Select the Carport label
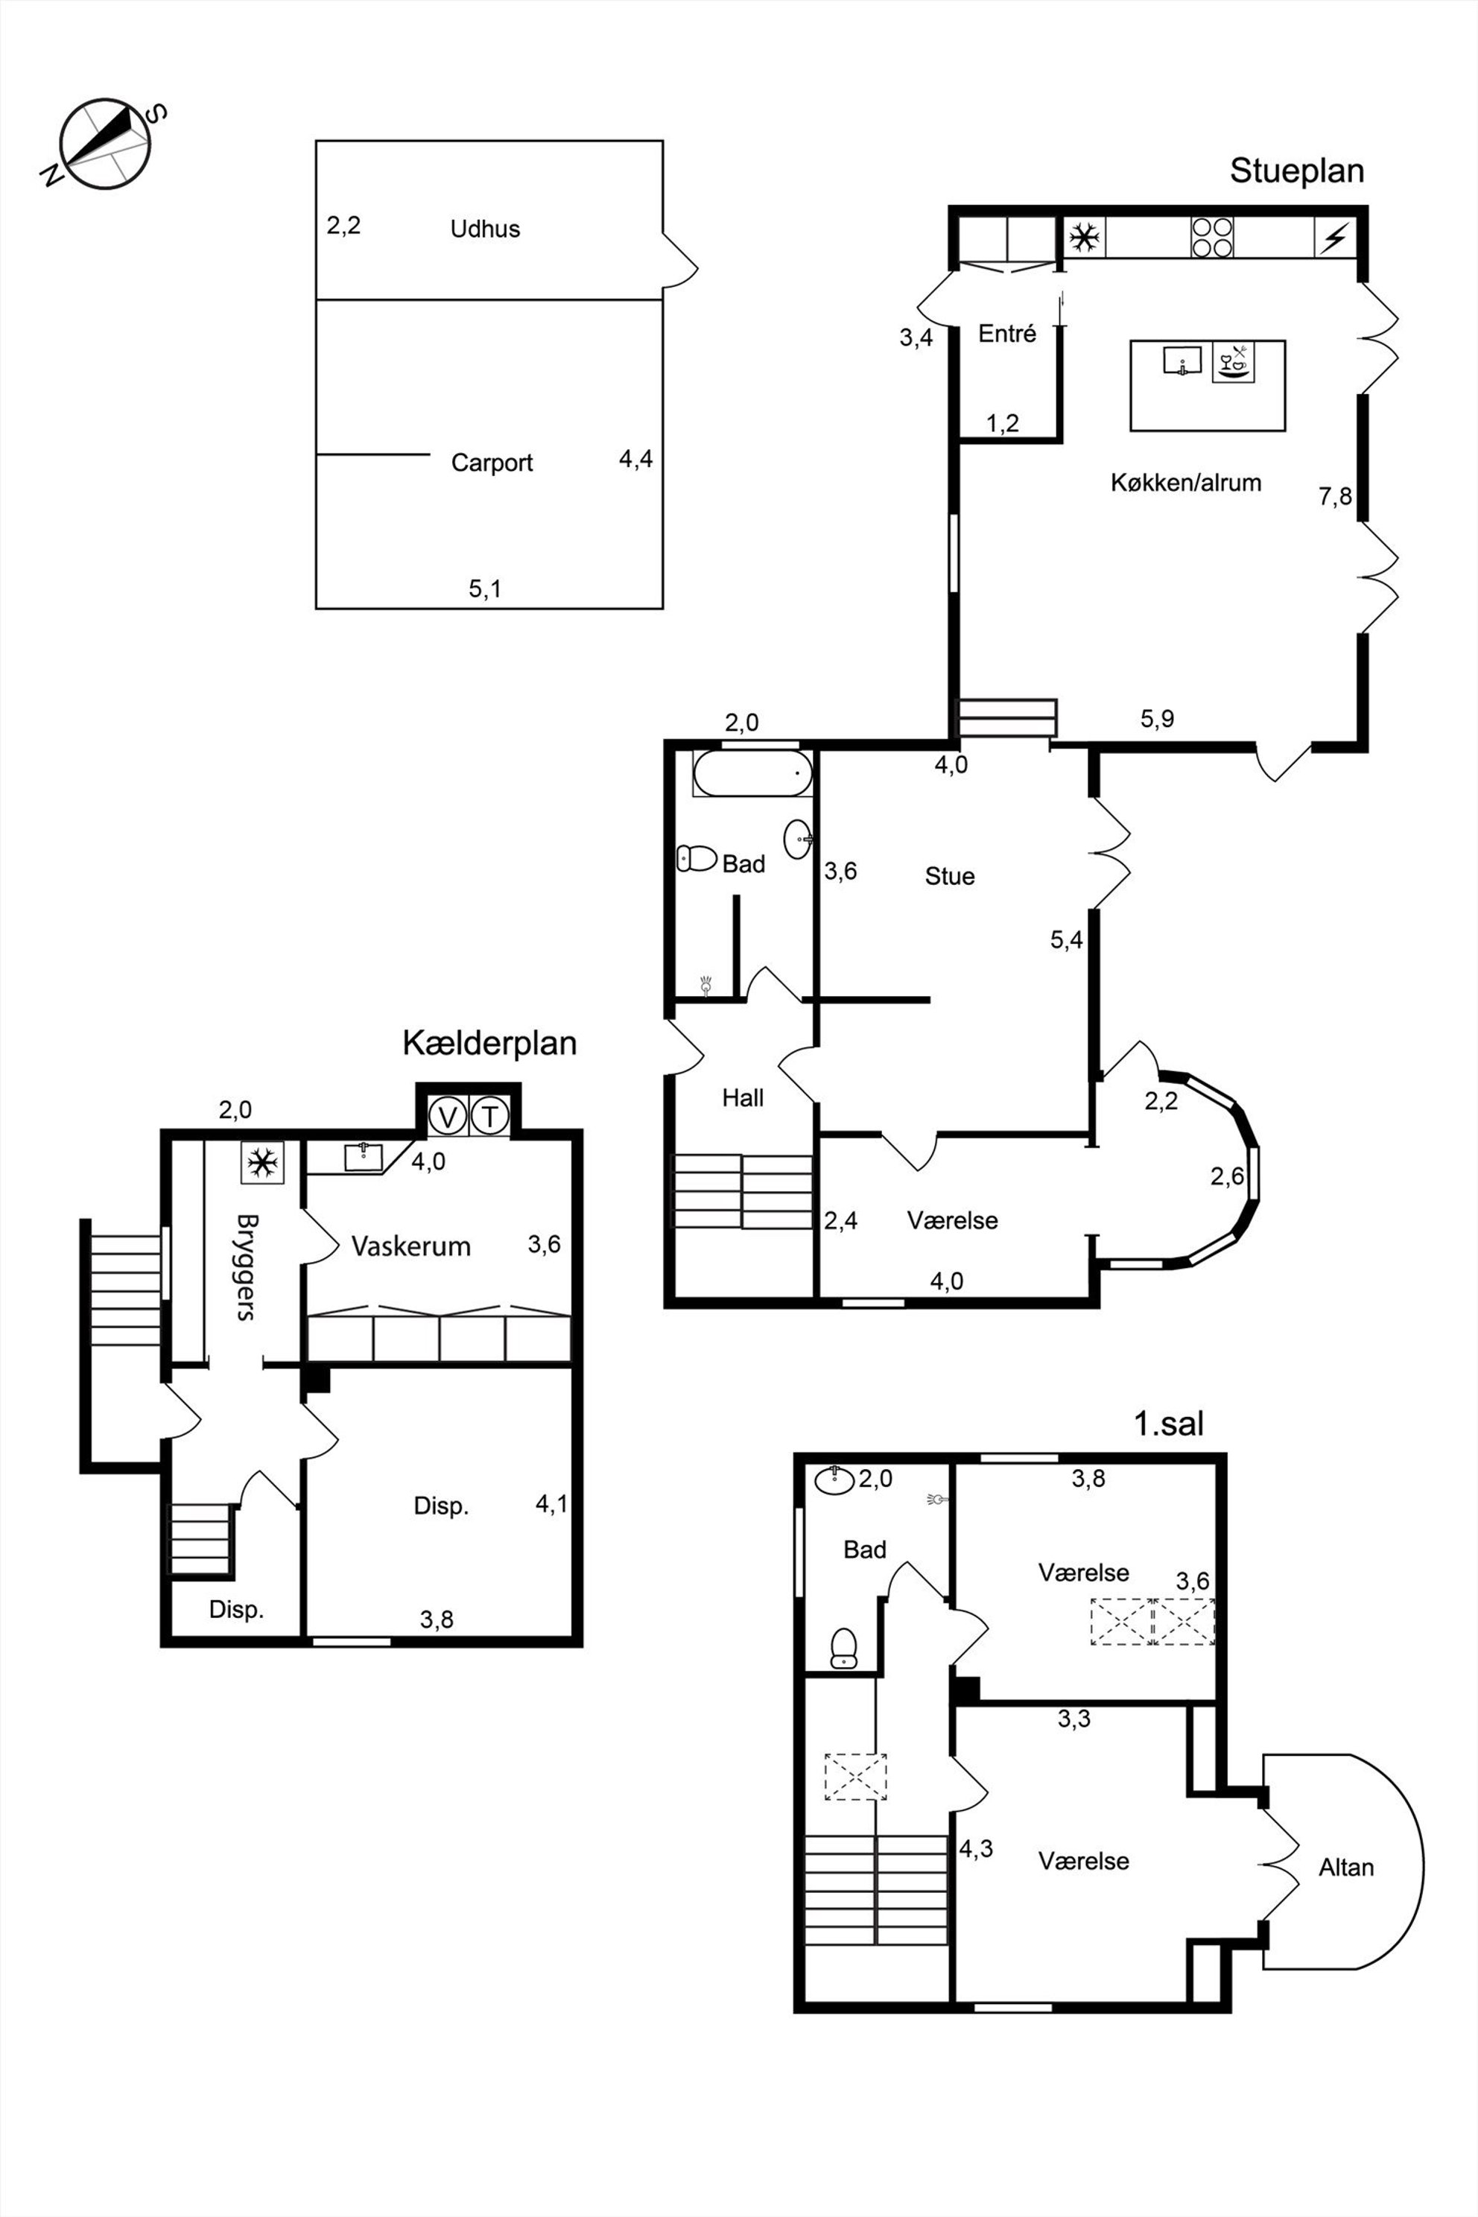point(492,463)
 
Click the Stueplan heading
point(1297,171)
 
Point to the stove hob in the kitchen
point(1212,237)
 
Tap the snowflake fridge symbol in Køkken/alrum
point(1085,237)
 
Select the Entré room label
point(1008,334)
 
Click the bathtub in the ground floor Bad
point(752,774)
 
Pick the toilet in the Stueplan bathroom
point(697,857)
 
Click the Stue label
point(949,877)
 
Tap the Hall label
point(743,1097)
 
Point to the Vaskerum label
point(411,1247)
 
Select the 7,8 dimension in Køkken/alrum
point(1336,497)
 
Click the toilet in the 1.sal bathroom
point(843,1648)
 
